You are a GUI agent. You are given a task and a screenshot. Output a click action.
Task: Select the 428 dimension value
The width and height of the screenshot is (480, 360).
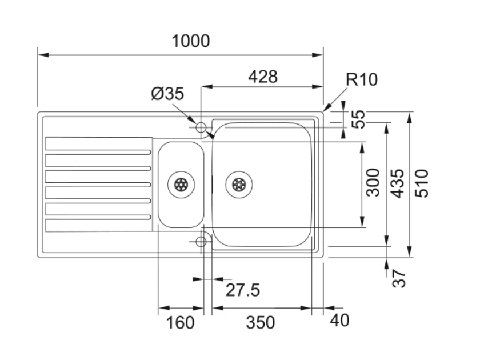pyautogui.click(x=263, y=77)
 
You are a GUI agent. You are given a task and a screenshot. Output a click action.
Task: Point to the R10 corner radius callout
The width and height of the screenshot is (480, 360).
pyautogui.click(x=361, y=79)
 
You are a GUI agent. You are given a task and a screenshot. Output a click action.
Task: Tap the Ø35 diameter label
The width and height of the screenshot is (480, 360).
pyautogui.click(x=167, y=94)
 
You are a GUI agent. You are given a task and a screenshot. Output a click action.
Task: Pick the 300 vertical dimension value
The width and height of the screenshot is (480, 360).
pyautogui.click(x=373, y=182)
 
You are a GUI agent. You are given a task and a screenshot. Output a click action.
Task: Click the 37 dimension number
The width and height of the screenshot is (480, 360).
pyautogui.click(x=401, y=278)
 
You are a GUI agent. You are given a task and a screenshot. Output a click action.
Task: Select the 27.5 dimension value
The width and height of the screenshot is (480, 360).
pyautogui.click(x=242, y=290)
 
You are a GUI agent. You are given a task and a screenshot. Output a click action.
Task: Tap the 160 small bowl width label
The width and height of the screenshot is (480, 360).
pyautogui.click(x=180, y=323)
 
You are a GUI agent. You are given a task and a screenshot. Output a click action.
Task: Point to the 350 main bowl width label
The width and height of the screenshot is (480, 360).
pyautogui.click(x=260, y=323)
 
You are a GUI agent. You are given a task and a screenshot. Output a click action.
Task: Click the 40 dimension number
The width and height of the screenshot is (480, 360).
pyautogui.click(x=339, y=321)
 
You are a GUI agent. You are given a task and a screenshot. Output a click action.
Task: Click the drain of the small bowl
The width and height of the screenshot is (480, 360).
pyautogui.click(x=181, y=184)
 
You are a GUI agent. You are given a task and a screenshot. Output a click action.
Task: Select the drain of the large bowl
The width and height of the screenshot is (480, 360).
pyautogui.click(x=238, y=184)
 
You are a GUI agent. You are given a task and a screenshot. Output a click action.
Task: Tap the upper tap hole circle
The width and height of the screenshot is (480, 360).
pyautogui.click(x=201, y=127)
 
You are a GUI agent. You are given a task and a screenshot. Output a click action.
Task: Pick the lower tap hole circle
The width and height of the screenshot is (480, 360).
pyautogui.click(x=201, y=242)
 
